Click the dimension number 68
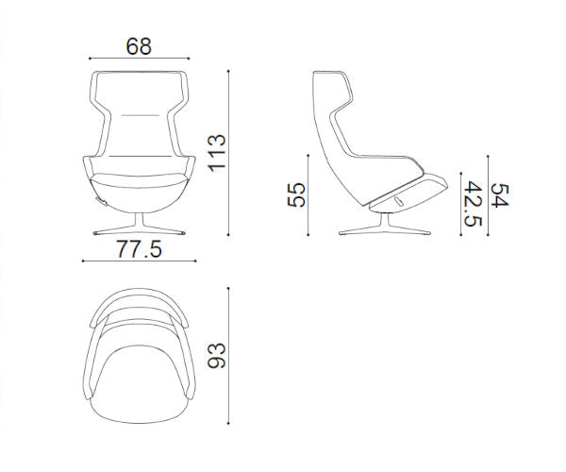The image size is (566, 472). (x=139, y=46)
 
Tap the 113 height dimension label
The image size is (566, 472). (x=217, y=153)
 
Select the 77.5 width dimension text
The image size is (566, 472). (x=139, y=249)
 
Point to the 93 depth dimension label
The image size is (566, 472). (x=217, y=355)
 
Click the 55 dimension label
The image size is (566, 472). (x=296, y=195)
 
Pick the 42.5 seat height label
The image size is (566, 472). (x=473, y=204)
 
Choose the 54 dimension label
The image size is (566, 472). (x=500, y=195)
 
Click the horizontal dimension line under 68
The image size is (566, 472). (x=140, y=59)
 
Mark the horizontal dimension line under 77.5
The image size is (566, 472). (x=140, y=261)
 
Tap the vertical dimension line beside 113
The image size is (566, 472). (x=228, y=153)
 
